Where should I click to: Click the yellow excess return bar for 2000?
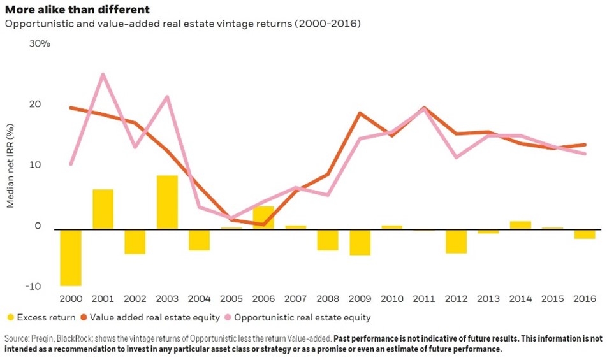click(71, 257)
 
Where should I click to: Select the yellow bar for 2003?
click(167, 202)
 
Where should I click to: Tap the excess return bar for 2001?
click(103, 209)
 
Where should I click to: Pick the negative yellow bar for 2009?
click(360, 242)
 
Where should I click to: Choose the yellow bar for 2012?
click(456, 241)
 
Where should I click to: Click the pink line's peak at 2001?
click(103, 75)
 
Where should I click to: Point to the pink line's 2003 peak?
click(167, 97)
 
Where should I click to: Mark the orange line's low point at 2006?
click(263, 224)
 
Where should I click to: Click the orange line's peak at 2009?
click(360, 113)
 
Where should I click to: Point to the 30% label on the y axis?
click(40, 44)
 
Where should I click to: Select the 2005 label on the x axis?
click(231, 298)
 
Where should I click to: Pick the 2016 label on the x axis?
click(584, 298)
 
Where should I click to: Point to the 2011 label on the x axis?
click(424, 298)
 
